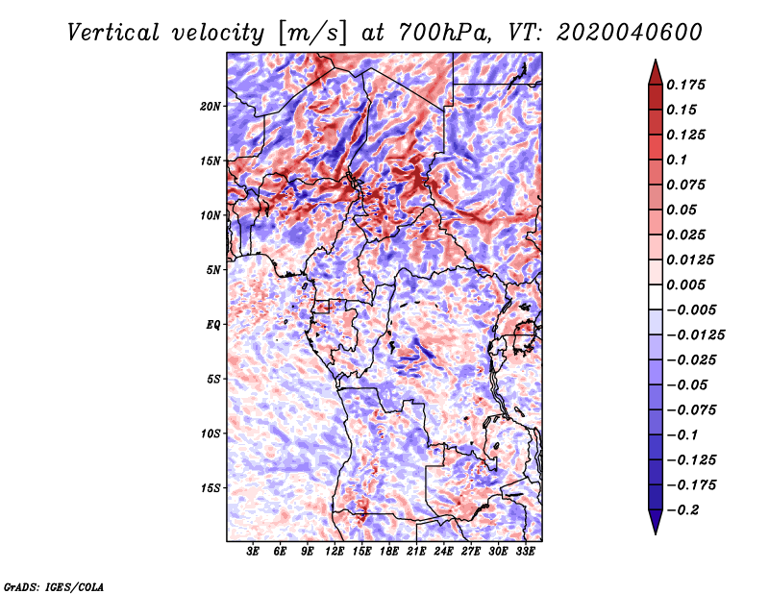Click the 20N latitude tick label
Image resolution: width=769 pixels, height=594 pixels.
point(210,107)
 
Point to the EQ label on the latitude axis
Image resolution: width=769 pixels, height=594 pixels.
point(212,325)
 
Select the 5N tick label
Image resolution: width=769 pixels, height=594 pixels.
point(213,270)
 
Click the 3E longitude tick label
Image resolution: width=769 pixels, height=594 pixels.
point(253,551)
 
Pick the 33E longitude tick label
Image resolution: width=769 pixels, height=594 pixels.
point(525,551)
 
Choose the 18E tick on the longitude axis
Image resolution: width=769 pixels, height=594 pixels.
point(389,551)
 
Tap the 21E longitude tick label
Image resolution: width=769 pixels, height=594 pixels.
point(416,551)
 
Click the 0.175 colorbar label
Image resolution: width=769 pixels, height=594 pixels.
point(685,85)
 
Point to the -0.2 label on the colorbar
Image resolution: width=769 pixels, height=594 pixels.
point(683,510)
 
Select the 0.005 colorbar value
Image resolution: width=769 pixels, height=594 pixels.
point(685,285)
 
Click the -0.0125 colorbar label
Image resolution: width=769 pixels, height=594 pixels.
point(695,335)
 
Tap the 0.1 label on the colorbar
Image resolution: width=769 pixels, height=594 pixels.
point(677,160)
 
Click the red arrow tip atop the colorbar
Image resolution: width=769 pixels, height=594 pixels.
point(656,61)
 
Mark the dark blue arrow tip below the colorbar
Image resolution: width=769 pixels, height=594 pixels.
point(656,532)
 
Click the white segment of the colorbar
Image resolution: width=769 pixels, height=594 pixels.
point(656,297)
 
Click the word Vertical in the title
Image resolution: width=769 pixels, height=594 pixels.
point(113,33)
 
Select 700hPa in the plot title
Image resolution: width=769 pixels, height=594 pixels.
point(443,33)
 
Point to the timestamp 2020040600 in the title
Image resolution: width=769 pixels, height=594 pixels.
point(630,33)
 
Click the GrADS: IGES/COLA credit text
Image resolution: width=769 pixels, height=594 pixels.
point(54,586)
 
